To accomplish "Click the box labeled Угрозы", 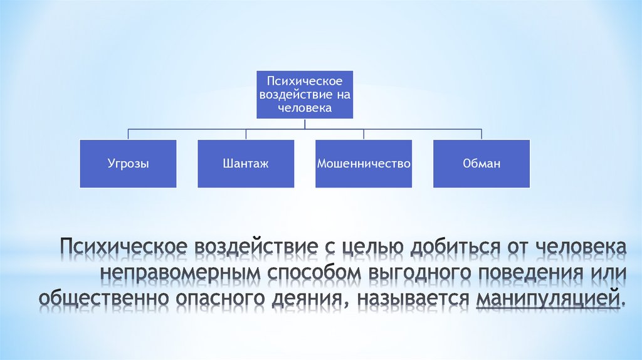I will [128, 163].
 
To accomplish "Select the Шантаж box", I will [246, 163].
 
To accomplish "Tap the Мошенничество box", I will [364, 163].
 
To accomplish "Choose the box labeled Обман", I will [481, 163].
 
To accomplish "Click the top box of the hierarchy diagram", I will [305, 94].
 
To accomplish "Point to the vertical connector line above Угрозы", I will [129, 134].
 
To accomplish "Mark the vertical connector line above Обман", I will [481, 134].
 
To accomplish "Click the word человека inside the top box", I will [305, 107].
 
